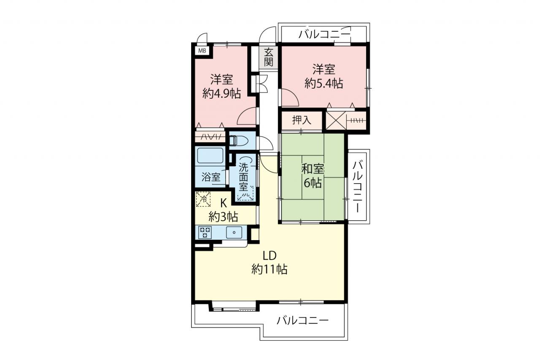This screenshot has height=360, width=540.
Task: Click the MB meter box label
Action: (202, 51)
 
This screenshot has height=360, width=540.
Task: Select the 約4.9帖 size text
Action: (221, 94)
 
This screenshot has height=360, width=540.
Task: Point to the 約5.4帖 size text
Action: (324, 84)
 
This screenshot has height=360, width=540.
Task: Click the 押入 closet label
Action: (302, 120)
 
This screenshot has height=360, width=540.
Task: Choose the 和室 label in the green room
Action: (313, 169)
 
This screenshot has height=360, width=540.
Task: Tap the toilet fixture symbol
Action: (238, 141)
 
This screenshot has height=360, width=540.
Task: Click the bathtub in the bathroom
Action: (210, 156)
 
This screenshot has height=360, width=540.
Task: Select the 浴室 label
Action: (211, 178)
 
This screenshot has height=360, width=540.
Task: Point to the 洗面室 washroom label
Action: (243, 178)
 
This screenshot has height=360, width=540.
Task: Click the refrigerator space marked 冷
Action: (203, 199)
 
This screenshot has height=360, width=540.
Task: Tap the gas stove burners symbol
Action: (205, 232)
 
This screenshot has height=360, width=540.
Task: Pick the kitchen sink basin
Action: (234, 233)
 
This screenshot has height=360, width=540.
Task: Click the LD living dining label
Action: (269, 256)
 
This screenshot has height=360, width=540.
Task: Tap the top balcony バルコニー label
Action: (324, 35)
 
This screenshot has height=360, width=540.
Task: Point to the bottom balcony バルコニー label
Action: (302, 320)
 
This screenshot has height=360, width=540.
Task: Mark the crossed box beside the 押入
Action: (336, 120)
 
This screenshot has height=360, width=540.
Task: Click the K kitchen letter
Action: (224, 204)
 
